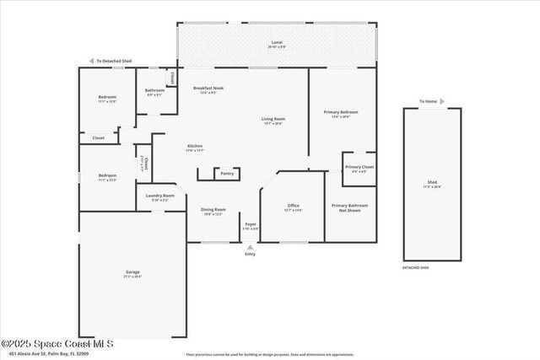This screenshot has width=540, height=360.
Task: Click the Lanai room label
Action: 276,42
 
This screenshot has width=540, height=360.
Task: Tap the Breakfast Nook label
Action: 208,89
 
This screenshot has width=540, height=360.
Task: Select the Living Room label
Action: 273,120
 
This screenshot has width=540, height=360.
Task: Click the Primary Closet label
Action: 359,168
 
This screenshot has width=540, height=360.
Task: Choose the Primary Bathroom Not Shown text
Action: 349,207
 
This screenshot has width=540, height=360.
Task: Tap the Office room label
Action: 294,207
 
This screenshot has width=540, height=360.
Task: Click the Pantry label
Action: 227,174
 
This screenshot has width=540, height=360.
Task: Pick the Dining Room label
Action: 213,211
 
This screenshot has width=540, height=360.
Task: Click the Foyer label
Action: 251,225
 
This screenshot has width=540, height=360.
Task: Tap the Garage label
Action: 132,273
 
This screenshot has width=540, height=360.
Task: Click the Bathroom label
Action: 154,91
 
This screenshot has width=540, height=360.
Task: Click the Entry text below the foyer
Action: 250,253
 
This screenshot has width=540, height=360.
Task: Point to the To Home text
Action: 429,101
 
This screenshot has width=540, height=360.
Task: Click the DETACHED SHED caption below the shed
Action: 415,267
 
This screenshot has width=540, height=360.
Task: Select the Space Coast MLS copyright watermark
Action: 57,343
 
